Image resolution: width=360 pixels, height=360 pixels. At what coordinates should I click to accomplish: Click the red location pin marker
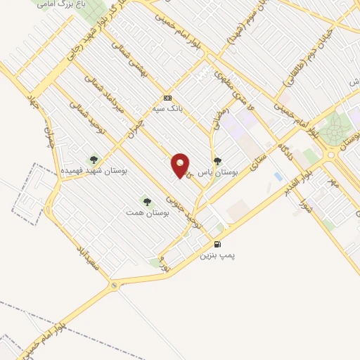click(181, 165)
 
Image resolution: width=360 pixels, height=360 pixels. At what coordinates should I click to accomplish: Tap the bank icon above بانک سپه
click(167, 98)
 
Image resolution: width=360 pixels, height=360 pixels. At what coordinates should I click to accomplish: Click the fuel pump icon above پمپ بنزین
click(217, 245)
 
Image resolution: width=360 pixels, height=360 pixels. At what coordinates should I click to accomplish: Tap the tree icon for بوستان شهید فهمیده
click(93, 159)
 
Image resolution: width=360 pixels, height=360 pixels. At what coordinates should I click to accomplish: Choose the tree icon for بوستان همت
click(147, 202)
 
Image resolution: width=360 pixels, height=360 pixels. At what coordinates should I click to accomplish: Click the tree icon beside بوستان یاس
click(217, 160)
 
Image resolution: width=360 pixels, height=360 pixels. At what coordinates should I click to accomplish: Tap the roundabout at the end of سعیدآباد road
click(115, 286)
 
